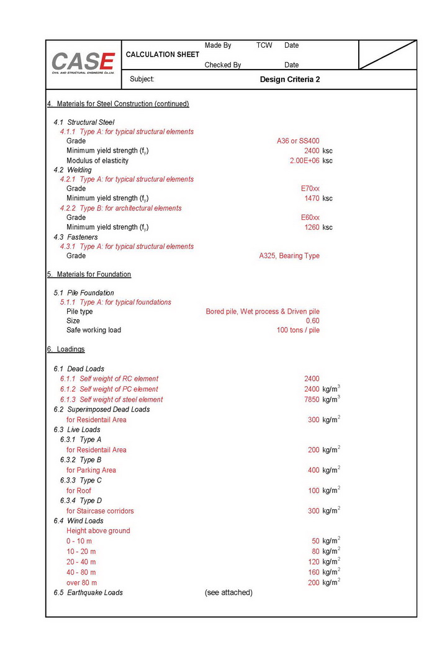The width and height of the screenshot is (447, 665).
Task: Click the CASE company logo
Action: pos(83,63)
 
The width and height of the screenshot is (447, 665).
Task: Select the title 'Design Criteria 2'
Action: pos(289,79)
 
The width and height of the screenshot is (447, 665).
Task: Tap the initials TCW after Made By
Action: pos(264,45)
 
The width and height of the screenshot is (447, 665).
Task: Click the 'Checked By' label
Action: pos(222,65)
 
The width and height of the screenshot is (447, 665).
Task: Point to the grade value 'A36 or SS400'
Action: pos(298,141)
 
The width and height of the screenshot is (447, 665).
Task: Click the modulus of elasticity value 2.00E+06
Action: pos(304,161)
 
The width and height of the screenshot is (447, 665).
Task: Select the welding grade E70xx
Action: pos(310,189)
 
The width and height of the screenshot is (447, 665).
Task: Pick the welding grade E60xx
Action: pos(310,217)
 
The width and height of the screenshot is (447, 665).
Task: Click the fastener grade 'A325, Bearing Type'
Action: pos(289,256)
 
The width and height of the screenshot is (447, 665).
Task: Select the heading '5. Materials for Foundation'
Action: pos(89,274)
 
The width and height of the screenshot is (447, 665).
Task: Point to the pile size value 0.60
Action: pos(312,321)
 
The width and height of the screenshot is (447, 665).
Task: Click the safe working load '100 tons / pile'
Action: pos(298,330)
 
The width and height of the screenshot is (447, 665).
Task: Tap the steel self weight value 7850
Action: pos(312,400)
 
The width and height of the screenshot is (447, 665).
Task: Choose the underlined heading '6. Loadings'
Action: pos(66,350)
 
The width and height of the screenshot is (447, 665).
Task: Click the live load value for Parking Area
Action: pos(314,471)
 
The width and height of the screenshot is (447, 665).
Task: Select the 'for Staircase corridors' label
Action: pos(100,511)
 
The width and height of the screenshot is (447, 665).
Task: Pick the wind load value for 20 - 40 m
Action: pos(314,562)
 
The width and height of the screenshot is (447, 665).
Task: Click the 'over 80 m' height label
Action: pos(81,582)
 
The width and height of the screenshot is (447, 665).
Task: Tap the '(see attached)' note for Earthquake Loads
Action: pos(228,592)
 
